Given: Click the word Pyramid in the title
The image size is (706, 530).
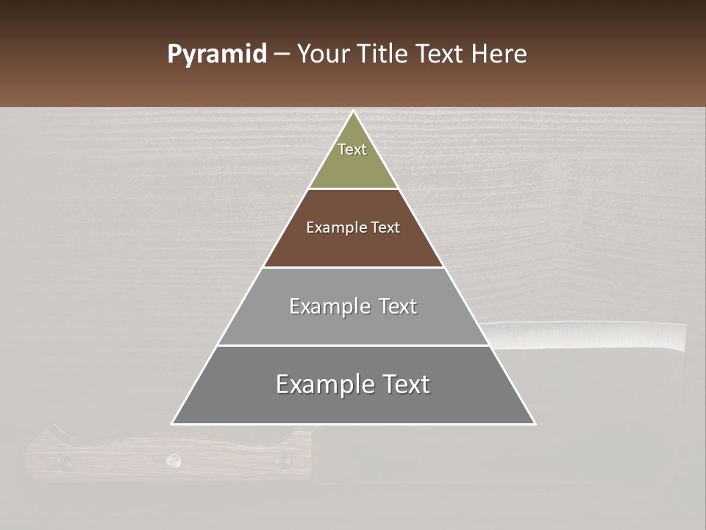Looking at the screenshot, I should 217,54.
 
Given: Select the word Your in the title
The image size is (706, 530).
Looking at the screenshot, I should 324,54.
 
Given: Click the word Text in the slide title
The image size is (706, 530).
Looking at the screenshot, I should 441,54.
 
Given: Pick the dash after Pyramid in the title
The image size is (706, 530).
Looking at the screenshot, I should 281,54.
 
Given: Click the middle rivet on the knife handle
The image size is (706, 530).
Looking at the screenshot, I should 174,461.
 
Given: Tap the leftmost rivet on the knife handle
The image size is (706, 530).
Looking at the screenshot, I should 65,462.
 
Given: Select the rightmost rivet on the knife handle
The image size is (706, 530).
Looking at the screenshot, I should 282,461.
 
